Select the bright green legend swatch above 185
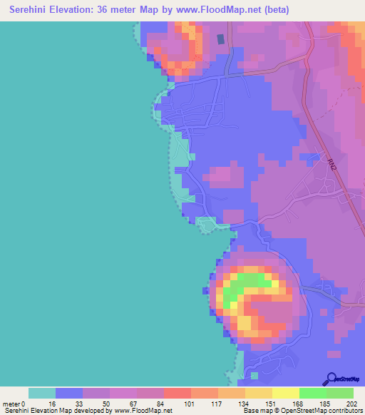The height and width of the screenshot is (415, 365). pyautogui.click(x=312, y=393)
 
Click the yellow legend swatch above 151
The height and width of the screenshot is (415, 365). pyautogui.click(x=258, y=393)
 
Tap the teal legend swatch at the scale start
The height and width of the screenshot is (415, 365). pyautogui.click(x=41, y=393)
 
